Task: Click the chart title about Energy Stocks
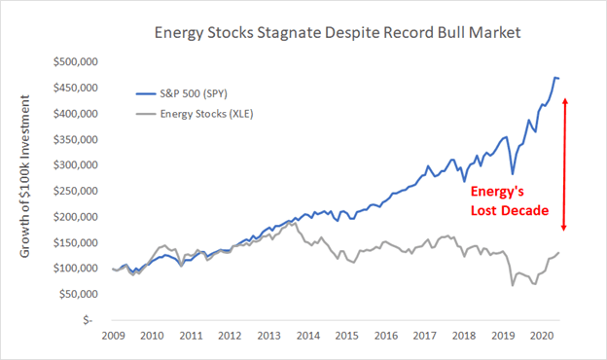337,33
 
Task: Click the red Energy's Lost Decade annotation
505,200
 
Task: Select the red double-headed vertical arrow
567,164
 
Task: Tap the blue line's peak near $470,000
554,77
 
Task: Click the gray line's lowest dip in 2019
512,285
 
